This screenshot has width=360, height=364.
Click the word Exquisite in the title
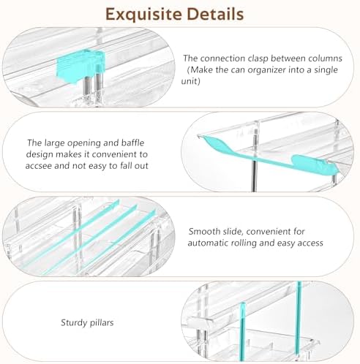point(144,15)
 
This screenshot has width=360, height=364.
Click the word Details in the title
point(215,14)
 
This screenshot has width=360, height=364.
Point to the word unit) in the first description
point(191,81)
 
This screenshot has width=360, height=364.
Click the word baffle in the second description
point(133,143)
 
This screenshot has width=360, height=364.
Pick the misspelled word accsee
point(38,166)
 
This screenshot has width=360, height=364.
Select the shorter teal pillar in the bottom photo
point(243,332)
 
